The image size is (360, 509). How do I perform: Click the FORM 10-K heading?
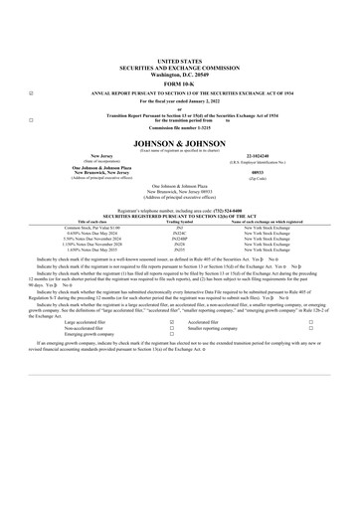tap(179, 84)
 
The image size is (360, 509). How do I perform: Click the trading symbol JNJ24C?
tap(179, 234)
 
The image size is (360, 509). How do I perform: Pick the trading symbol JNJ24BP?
tap(179, 240)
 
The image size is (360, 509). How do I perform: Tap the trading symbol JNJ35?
tap(179, 252)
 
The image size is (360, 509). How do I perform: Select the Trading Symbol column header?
tap(179, 222)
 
